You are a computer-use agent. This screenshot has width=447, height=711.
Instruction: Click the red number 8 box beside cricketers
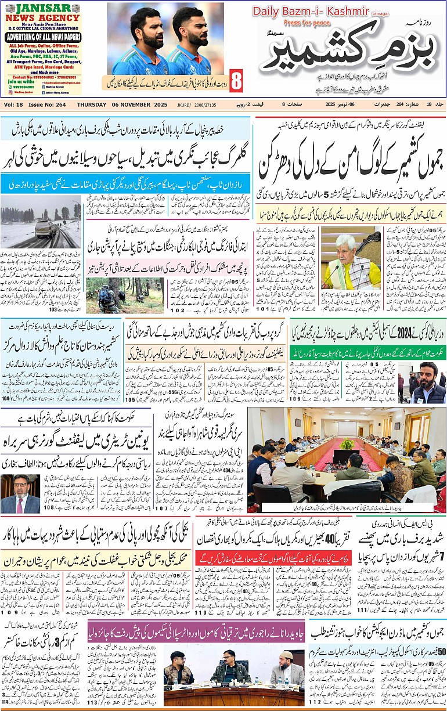tap(236, 81)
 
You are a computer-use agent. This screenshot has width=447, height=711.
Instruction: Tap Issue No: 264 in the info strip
tap(51, 104)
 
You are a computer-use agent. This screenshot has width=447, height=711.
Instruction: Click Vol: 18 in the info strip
tap(15, 104)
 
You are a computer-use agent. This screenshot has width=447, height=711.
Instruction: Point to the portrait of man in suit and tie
tap(20, 493)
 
